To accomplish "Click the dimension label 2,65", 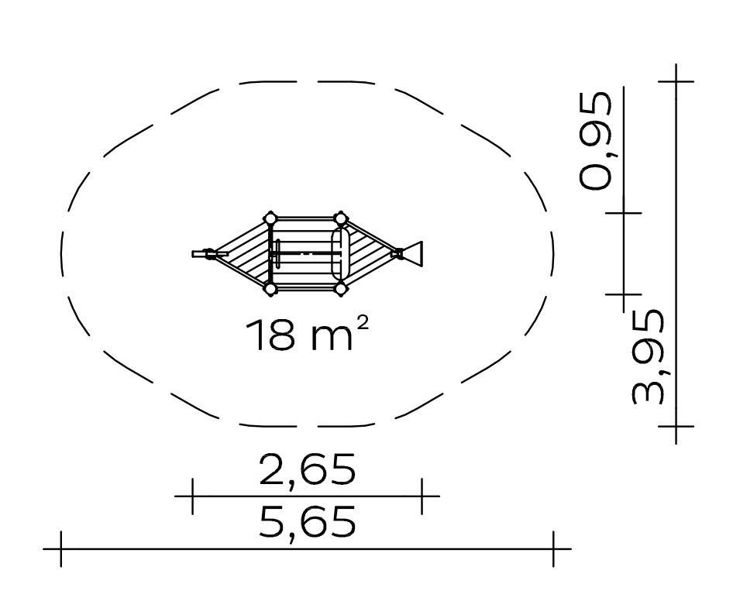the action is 307,469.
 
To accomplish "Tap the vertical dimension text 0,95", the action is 594,141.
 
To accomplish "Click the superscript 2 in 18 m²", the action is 363,322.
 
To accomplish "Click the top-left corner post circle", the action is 270,218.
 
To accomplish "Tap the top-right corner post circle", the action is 340,218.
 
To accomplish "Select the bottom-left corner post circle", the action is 270,289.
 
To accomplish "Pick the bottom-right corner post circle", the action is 340,289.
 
